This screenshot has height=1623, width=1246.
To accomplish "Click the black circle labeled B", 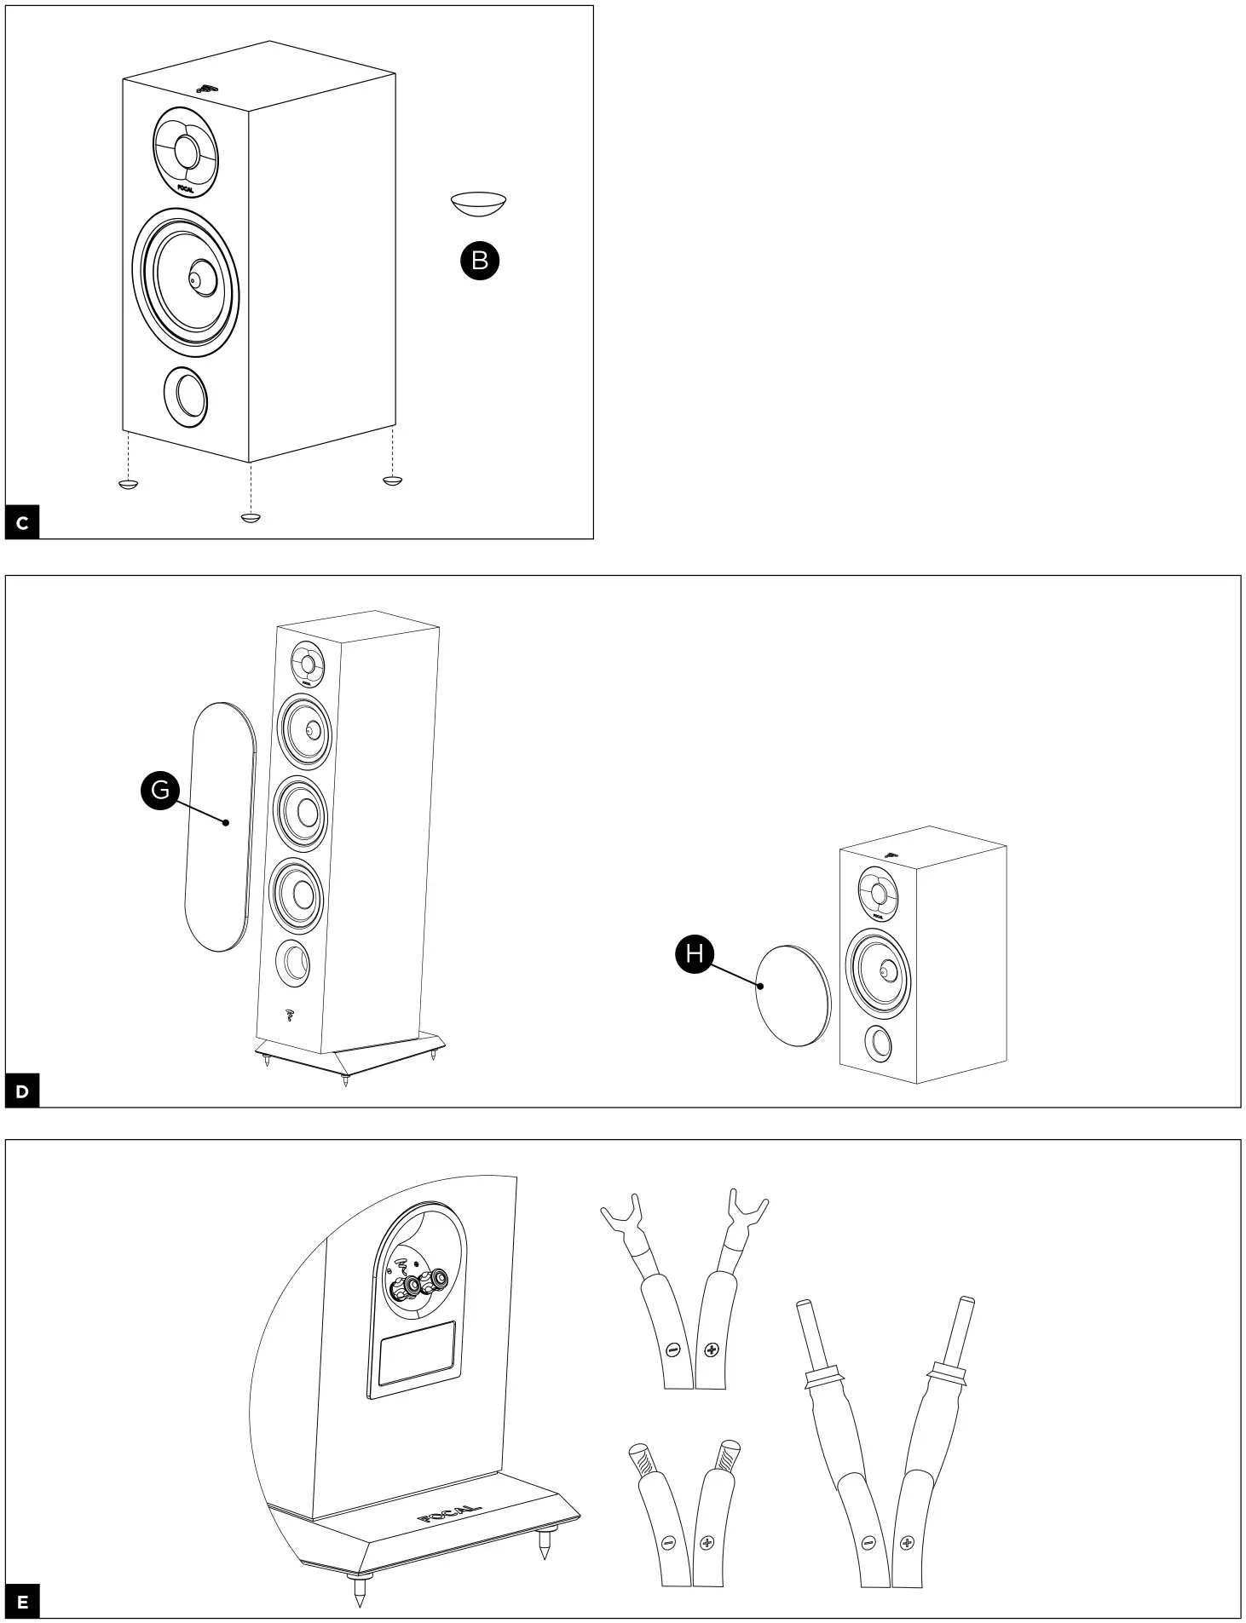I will coord(480,261).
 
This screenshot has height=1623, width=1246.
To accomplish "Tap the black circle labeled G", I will coord(160,791).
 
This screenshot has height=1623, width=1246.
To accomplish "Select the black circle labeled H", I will coord(695,953).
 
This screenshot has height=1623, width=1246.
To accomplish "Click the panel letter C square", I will coord(22,523).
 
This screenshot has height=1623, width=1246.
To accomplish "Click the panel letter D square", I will coord(22,1091).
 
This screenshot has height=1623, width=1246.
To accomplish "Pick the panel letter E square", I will coord(22,1602).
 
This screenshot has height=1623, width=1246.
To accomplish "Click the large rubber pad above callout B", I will coord(478,204).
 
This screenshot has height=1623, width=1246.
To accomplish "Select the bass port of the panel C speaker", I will coord(186,397).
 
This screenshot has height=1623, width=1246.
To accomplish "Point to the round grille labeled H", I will coord(793,994).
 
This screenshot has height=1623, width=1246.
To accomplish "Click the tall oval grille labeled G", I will coord(218,826).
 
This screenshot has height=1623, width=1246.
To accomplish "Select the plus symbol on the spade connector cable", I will coord(712,1350).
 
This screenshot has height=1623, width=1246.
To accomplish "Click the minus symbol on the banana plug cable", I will coord(868,1542).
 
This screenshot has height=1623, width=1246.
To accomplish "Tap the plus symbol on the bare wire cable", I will coord(707,1543).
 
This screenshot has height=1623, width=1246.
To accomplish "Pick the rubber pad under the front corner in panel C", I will coord(250,517).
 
